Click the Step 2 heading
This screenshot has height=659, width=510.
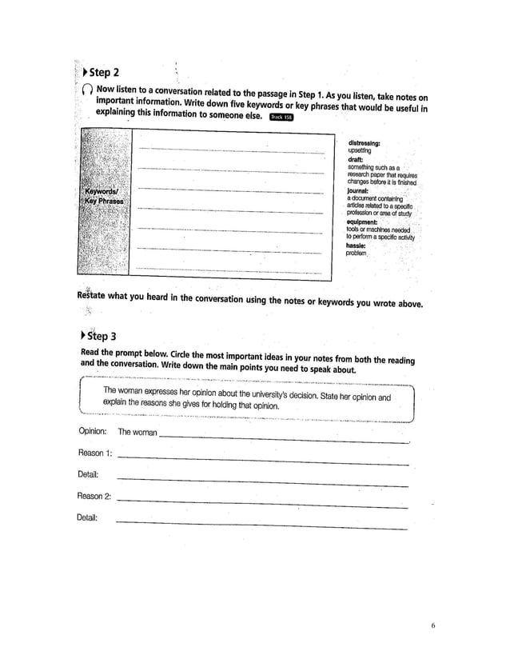106,74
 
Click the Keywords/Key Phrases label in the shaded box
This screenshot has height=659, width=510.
103,197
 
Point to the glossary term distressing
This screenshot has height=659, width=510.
363,143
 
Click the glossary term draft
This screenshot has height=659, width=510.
356,159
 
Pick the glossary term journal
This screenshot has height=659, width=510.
358,191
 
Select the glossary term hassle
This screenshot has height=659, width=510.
357,245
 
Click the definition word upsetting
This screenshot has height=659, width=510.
359,150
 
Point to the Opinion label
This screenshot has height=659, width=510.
92,432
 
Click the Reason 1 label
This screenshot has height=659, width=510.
94,453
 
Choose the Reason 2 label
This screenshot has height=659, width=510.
94,496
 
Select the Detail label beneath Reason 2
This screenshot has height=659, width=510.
87,517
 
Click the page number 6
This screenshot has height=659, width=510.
432,625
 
